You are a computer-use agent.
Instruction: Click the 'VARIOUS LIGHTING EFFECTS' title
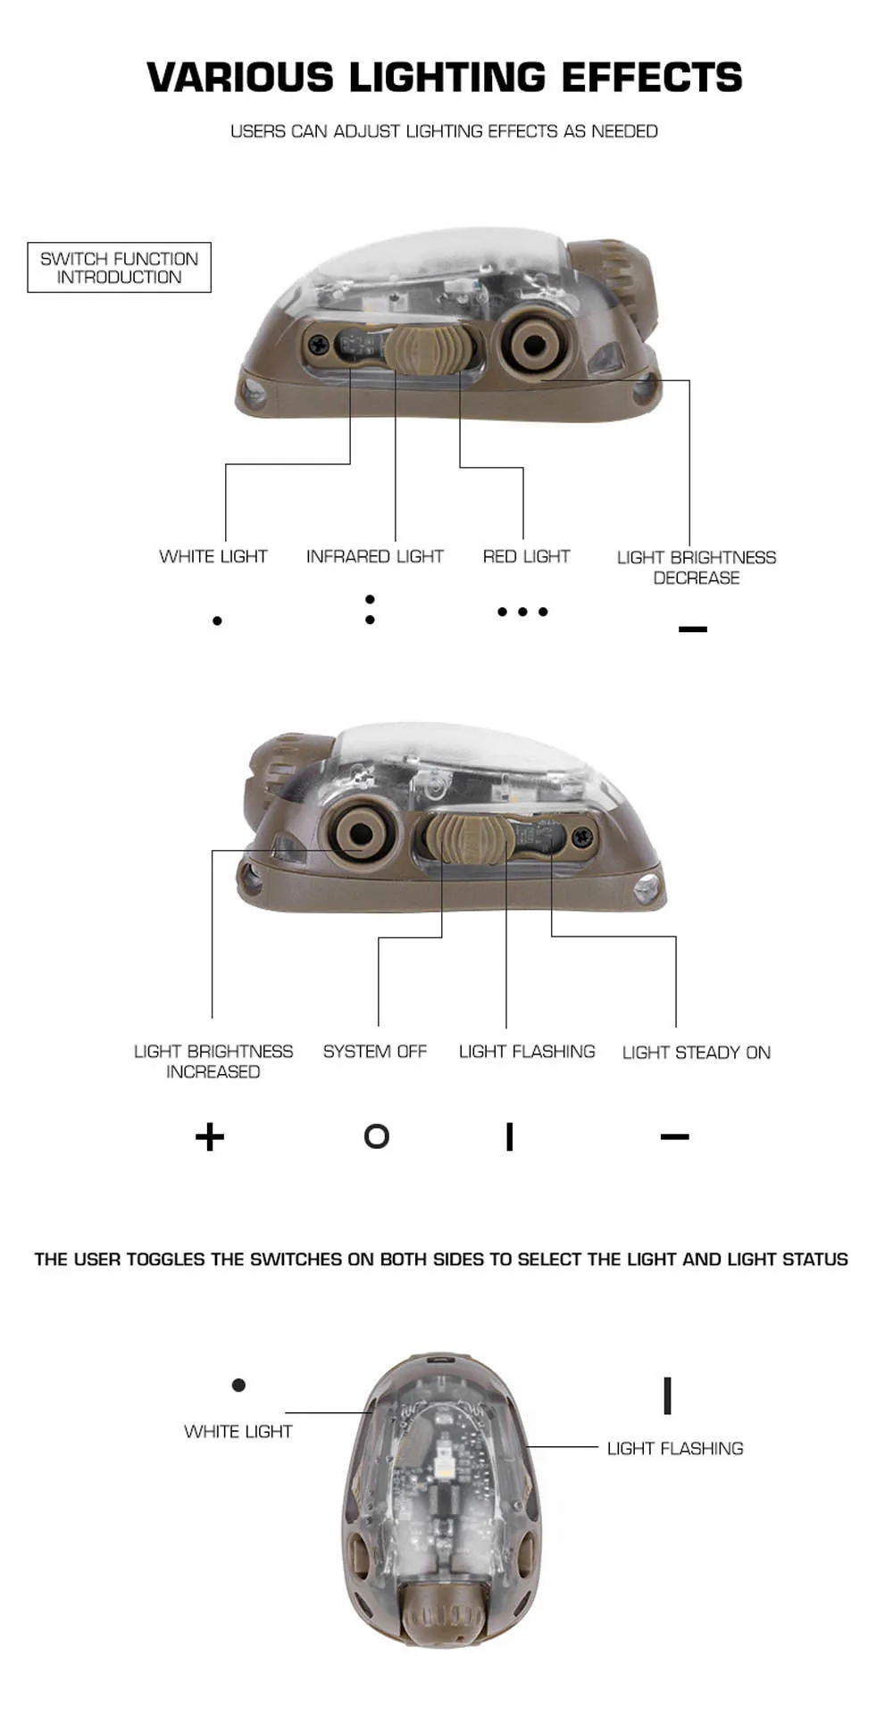click(445, 78)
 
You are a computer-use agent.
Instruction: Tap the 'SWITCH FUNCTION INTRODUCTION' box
click(119, 267)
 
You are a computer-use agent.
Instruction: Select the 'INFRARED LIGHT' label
click(374, 556)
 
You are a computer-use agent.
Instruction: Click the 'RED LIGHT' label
click(526, 556)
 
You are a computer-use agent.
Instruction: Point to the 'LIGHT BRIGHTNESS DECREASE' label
click(697, 567)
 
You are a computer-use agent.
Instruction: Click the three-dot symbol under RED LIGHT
click(522, 612)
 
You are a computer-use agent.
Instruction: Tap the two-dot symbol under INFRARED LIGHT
click(370, 609)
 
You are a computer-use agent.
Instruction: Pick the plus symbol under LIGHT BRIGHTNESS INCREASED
click(210, 1136)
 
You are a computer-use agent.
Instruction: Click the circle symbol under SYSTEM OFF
click(377, 1136)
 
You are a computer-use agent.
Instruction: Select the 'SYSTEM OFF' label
click(375, 1052)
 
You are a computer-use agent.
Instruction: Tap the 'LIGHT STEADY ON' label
click(697, 1053)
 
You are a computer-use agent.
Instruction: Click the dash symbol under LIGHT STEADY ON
click(675, 1136)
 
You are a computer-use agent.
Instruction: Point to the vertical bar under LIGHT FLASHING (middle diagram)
click(509, 1136)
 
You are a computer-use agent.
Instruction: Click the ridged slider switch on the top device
click(419, 347)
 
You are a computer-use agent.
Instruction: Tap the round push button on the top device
click(535, 344)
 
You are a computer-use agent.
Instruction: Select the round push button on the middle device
click(361, 834)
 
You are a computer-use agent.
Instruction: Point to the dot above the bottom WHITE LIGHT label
click(238, 1385)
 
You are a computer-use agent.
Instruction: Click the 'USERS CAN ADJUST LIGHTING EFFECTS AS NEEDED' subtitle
click(444, 131)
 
